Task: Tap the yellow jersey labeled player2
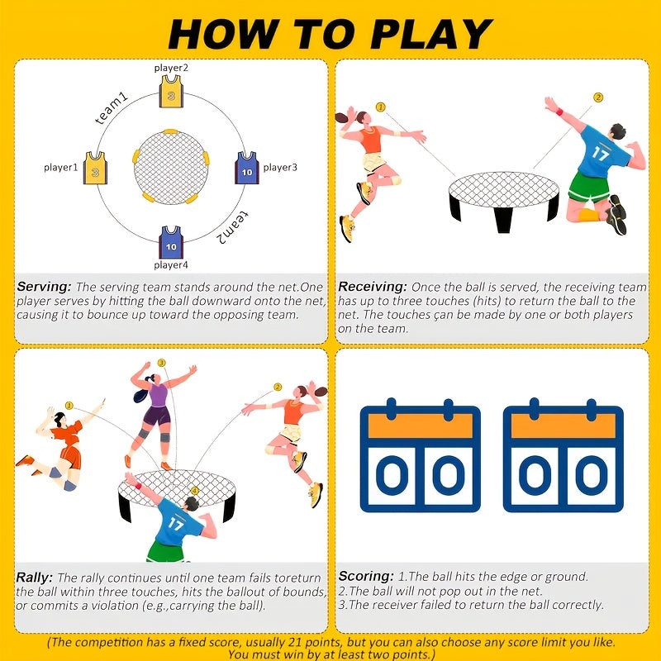click(170, 92)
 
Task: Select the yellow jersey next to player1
click(96, 168)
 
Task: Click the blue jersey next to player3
click(246, 168)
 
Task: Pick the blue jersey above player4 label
click(171, 242)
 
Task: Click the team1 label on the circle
click(112, 109)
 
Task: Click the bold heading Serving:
click(44, 287)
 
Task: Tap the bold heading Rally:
click(35, 578)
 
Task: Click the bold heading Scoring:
click(366, 576)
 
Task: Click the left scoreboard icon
click(420, 459)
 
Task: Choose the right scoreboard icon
click(563, 459)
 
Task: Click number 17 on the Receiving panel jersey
click(600, 154)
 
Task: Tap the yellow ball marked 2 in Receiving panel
click(597, 97)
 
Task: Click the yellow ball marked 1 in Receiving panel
click(380, 107)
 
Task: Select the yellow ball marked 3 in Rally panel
click(161, 363)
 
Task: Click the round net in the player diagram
click(172, 166)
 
